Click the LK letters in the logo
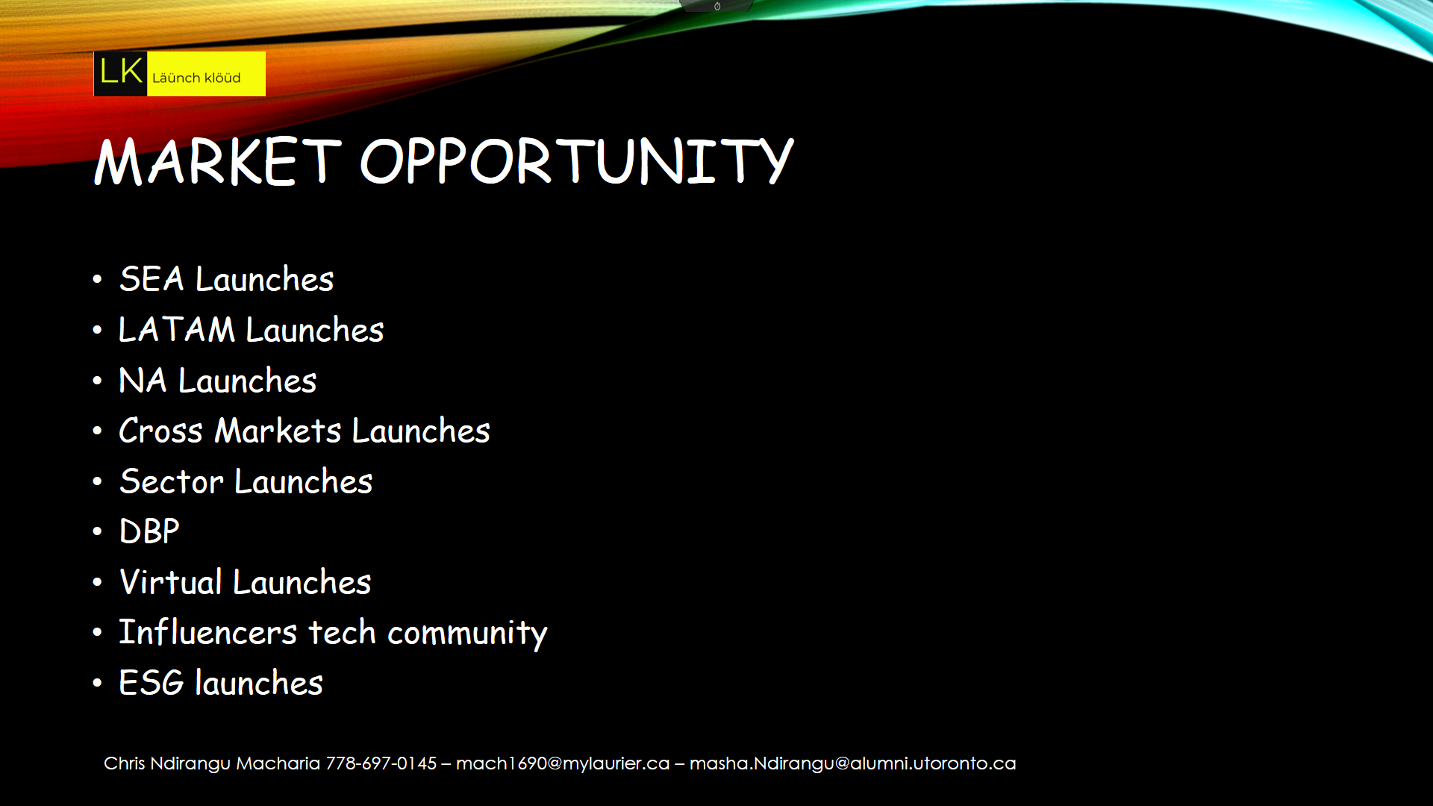[121, 72]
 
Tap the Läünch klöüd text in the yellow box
[196, 78]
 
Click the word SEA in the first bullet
[152, 279]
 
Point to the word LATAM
[177, 330]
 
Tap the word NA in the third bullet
[143, 381]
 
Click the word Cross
[160, 431]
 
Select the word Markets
[278, 431]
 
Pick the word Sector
[172, 481]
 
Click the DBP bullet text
[149, 531]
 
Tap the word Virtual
[171, 582]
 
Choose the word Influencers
[208, 632]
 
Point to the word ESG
[152, 683]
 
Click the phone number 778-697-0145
[381, 763]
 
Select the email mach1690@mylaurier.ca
[563, 763]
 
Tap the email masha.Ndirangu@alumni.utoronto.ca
[852, 763]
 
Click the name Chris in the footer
[124, 763]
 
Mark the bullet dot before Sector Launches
[97, 482]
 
